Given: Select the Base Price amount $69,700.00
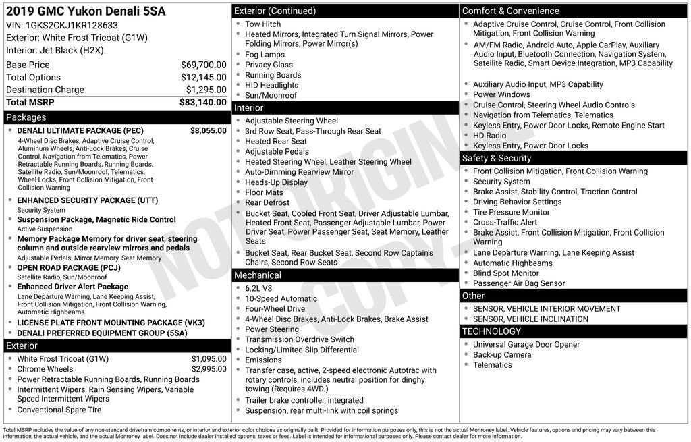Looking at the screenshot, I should pos(203,65).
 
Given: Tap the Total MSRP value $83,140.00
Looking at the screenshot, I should pos(202,103).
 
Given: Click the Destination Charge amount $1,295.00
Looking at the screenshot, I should pos(206,90).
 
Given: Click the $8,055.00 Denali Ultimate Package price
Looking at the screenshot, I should pos(208,131).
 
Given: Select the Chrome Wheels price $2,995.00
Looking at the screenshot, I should pos(209,369).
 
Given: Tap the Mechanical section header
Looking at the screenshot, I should pos(257,275).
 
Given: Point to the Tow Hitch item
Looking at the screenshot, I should pos(262,24).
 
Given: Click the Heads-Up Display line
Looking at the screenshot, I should pos(276,182).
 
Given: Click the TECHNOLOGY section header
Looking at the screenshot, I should pos(491,331).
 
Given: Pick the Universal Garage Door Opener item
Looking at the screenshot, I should pos(526,344).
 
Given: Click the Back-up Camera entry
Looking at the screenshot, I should pos(501,354).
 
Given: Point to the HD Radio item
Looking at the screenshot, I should pos(489,136).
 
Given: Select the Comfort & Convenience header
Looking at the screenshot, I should pos(510,11).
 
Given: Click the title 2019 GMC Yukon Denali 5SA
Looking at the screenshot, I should pos(86,11).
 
